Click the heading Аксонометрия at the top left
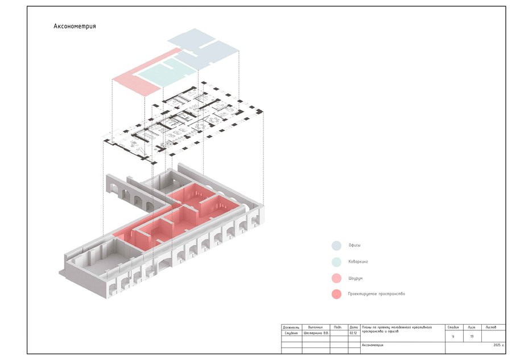click(75, 26)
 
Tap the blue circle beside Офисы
click(336, 246)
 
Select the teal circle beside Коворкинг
click(336, 262)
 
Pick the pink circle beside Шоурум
click(336, 279)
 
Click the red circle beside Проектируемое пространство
click(336, 295)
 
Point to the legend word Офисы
click(354, 246)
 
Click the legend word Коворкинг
click(358, 262)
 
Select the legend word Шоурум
click(356, 279)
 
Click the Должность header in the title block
click(291, 328)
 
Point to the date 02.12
click(353, 333)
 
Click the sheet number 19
click(472, 337)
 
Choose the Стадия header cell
click(453, 328)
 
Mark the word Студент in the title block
click(291, 333)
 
